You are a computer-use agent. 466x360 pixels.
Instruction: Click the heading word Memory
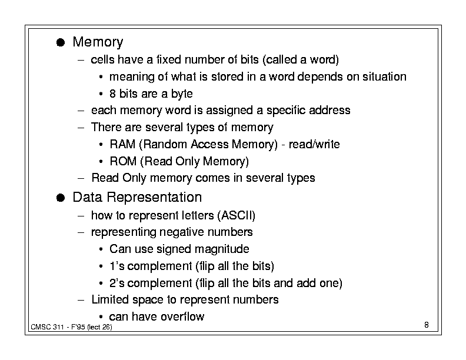pos(98,42)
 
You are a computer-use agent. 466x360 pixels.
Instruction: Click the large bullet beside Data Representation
pos(61,198)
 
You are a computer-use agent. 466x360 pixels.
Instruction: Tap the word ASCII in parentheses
pos(237,215)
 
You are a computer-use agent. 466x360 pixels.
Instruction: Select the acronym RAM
pos(122,144)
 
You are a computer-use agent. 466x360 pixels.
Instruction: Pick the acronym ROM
pos(123,161)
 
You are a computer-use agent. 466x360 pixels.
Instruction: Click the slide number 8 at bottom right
pos(427,325)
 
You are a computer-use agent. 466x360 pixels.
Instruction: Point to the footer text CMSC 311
pos(47,327)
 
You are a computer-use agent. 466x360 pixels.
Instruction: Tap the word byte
pos(182,94)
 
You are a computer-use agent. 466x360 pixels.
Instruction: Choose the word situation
pos(384,76)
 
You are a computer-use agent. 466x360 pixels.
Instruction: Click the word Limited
pos(110,299)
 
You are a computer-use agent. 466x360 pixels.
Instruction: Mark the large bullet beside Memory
pos(61,42)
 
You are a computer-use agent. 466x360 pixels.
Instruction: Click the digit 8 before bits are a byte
pos(112,94)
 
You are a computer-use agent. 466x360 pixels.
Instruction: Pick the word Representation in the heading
pos(154,198)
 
